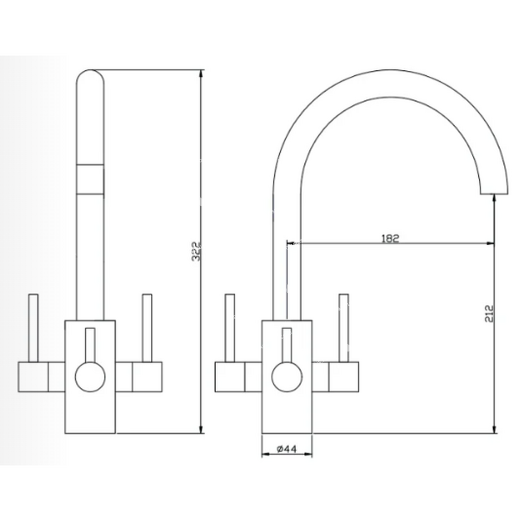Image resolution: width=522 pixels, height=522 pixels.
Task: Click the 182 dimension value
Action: pyautogui.click(x=390, y=239)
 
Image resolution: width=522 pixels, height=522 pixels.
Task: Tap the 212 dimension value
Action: pyautogui.click(x=488, y=314)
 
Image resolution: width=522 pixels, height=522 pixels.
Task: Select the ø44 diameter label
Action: pyautogui.click(x=287, y=449)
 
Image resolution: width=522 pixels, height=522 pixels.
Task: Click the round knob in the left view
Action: pyautogui.click(x=90, y=377)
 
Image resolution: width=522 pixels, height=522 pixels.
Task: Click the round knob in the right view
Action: pyautogui.click(x=287, y=377)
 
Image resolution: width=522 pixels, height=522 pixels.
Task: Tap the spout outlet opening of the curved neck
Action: pyautogui.click(x=494, y=194)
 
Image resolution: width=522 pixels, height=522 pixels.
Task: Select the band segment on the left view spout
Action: pyautogui.click(x=90, y=179)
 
